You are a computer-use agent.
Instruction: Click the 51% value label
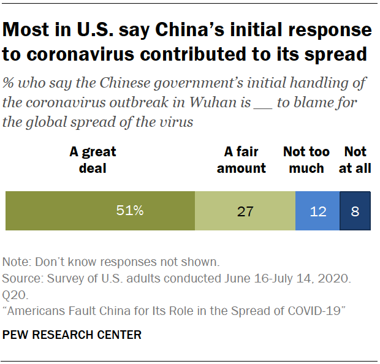130,211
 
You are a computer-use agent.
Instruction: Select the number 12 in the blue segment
317,211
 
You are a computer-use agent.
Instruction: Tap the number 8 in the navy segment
355,211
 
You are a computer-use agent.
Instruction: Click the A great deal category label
93,159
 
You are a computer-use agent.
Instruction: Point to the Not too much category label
306,159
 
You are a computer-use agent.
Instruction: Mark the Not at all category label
355,159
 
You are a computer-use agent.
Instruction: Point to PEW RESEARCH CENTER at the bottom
72,335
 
